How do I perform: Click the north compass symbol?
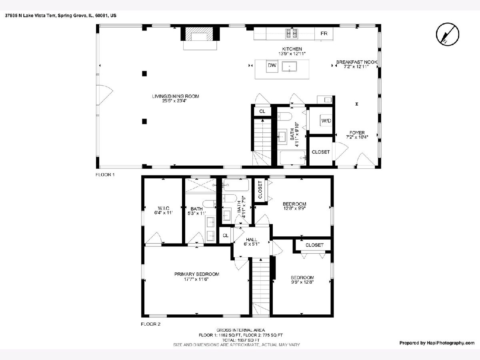(x=448, y=34)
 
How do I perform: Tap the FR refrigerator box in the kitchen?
(x=324, y=34)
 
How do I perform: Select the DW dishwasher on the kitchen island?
(x=272, y=66)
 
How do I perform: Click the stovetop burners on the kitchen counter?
(x=292, y=34)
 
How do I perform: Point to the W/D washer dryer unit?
(x=326, y=121)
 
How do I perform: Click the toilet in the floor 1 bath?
(x=284, y=117)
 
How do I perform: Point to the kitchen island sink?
(x=289, y=67)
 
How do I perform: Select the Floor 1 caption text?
(x=105, y=175)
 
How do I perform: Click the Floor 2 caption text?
(x=150, y=324)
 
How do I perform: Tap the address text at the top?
(x=60, y=16)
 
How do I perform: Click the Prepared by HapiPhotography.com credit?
(x=437, y=343)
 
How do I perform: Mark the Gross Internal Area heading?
(x=240, y=330)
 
